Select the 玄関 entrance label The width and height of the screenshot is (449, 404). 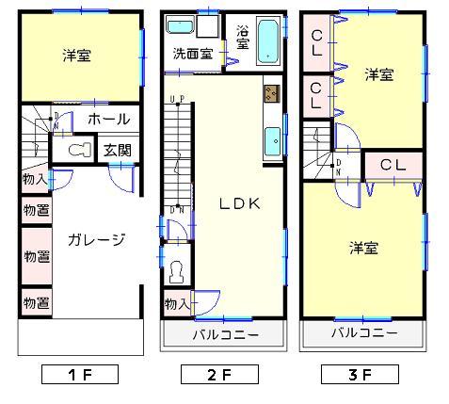point(117,150)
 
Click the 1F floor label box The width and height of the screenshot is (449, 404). point(79,375)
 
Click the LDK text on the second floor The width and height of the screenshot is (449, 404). point(239,202)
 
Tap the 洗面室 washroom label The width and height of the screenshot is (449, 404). point(192,54)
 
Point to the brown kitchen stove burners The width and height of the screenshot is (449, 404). point(272,93)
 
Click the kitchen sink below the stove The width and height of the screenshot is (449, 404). point(273,140)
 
